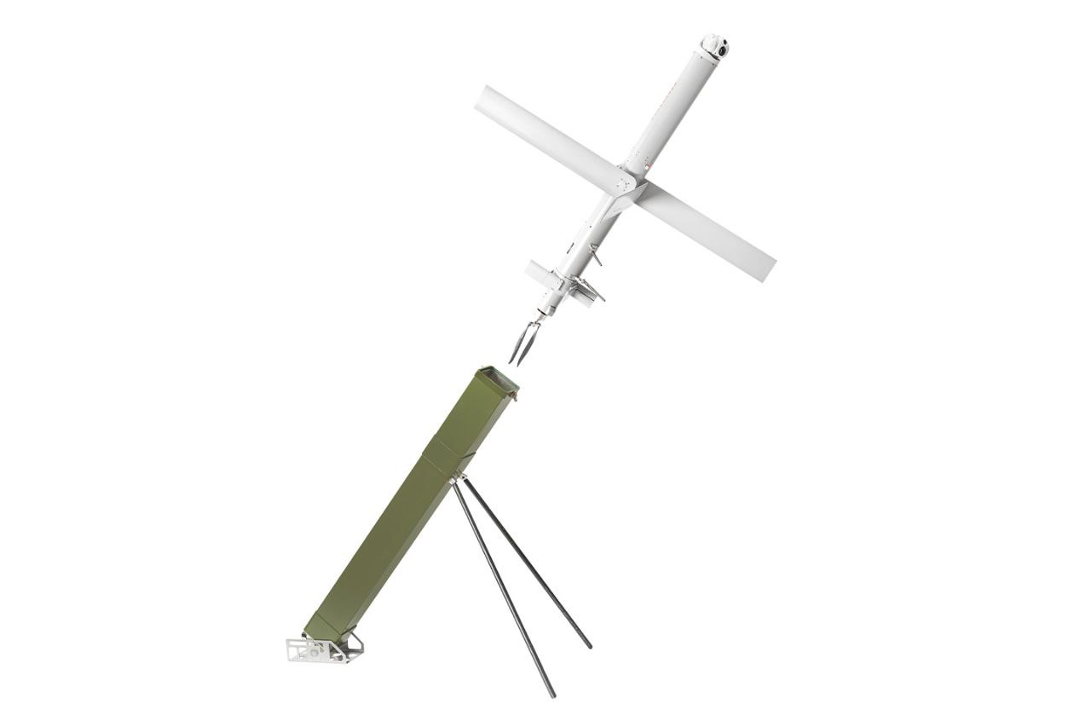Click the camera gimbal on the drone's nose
(x=714, y=46)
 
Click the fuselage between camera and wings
(x=669, y=111)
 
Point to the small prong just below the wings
(x=597, y=255)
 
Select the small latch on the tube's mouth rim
(x=516, y=395)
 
